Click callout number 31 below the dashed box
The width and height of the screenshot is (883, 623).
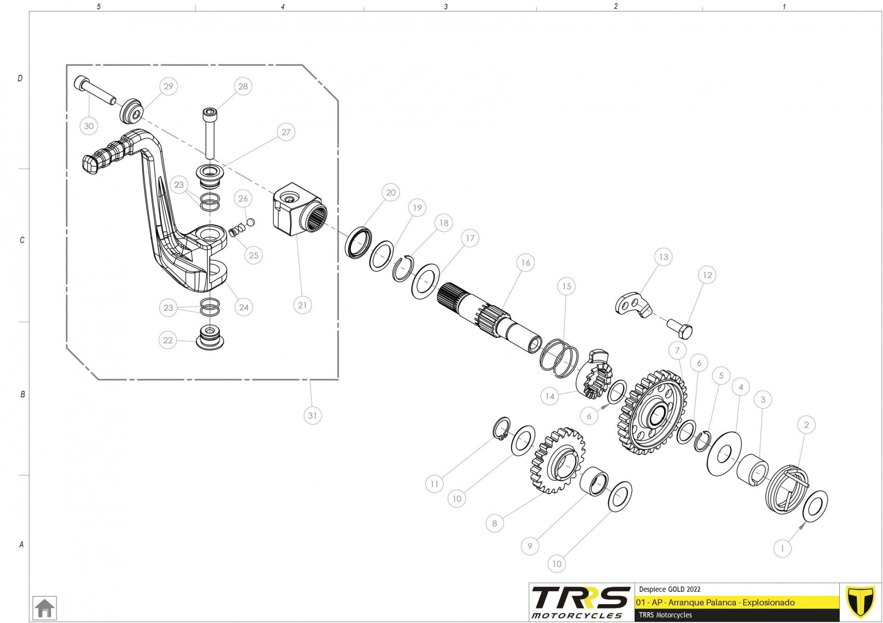point(313,416)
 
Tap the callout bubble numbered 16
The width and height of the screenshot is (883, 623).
point(526,263)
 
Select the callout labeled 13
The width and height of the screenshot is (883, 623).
point(664,257)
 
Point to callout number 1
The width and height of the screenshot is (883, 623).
point(782,549)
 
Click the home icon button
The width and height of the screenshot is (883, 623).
point(45,608)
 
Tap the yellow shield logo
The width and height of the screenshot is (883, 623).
point(860,601)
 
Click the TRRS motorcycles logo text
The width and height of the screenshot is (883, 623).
point(580,602)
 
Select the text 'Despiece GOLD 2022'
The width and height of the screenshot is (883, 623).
point(670,589)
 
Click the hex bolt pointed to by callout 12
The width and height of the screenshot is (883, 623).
point(680,328)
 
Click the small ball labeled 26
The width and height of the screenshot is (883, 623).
point(251,223)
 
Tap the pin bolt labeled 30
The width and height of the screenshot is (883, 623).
point(95,90)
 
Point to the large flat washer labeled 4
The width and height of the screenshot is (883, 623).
point(724,454)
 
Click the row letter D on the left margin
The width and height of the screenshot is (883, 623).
point(20,79)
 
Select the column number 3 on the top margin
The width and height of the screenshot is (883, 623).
point(446,7)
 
